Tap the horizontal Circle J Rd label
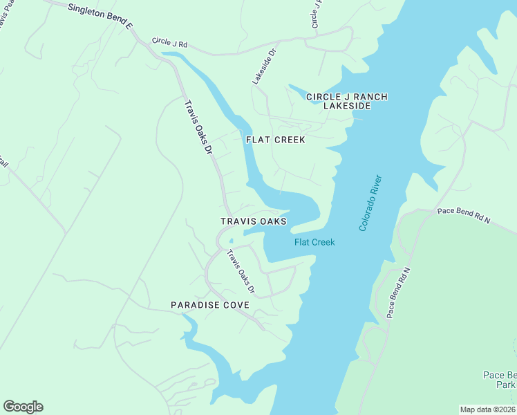coord(169,43)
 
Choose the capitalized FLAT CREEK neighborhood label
coord(276,139)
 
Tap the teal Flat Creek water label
coord(314,242)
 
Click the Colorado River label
coord(370,203)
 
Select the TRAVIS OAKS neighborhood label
coord(253,221)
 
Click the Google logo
coord(23,407)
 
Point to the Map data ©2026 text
coord(488,409)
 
